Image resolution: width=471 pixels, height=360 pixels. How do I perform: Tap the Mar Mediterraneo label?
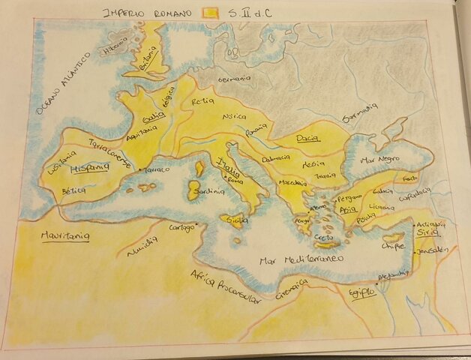pyautogui.click(x=300, y=259)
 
